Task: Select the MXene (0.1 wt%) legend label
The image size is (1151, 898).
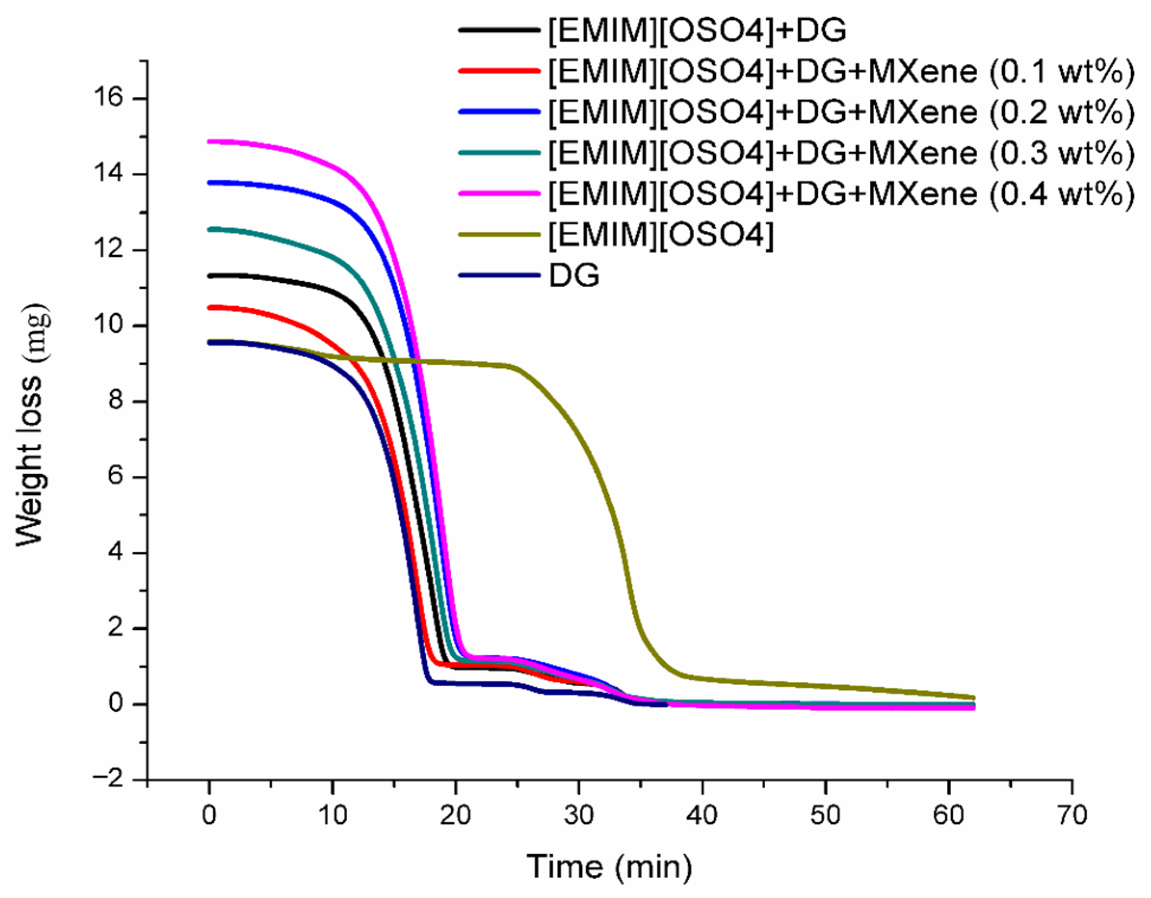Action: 840,71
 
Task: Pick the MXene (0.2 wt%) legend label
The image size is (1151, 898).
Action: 840,112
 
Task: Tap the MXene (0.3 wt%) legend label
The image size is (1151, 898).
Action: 840,153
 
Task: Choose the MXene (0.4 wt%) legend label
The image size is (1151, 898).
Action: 840,194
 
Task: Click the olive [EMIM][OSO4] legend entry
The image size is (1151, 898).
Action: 661,234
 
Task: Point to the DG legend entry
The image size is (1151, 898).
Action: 574,275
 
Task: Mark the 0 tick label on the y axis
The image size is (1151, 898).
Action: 117,703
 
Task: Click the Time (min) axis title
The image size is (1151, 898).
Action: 609,866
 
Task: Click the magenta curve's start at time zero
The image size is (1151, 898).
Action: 210,141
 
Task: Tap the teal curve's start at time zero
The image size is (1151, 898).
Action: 210,229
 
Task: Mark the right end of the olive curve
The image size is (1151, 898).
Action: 973,697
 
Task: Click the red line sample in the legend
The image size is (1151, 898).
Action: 499,71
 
